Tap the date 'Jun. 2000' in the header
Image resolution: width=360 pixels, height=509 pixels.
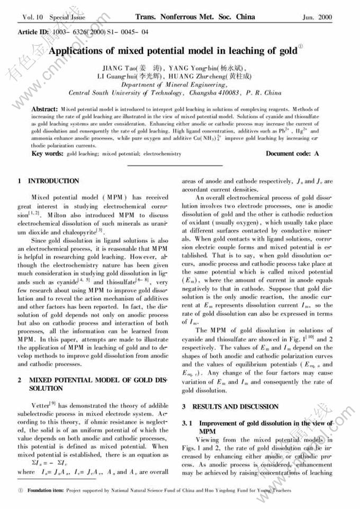pos(317,17)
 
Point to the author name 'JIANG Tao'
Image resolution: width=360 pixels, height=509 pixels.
pos(119,68)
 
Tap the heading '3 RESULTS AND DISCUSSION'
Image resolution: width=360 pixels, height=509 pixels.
pos(230,407)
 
